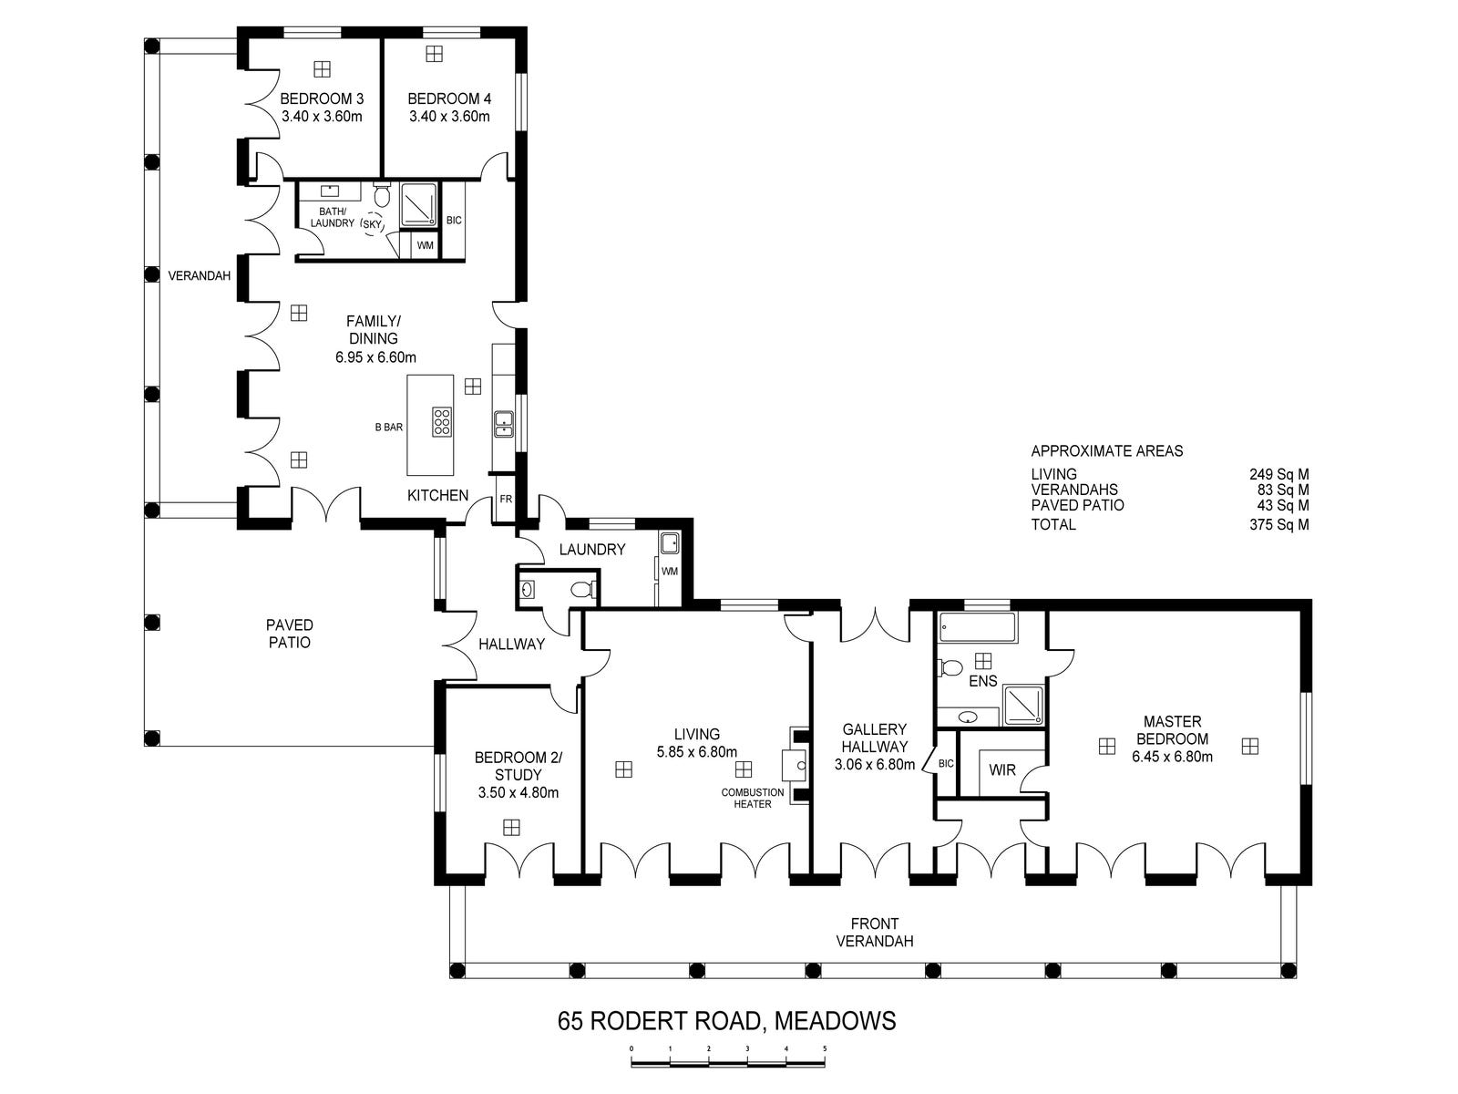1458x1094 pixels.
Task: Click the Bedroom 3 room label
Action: (322, 99)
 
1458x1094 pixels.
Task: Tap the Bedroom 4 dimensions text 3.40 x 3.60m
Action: (449, 117)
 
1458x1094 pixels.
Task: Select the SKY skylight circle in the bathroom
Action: (372, 224)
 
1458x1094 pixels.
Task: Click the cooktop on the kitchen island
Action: (442, 422)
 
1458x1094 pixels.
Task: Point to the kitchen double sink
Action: (504, 425)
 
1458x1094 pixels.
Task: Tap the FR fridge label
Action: (506, 499)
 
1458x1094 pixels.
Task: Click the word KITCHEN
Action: (437, 495)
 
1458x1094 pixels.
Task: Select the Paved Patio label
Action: (289, 634)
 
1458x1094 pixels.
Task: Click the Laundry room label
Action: (591, 550)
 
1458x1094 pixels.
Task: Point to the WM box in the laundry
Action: (670, 572)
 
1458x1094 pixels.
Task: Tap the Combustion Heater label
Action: (753, 798)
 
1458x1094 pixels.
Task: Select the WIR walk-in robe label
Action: (1002, 769)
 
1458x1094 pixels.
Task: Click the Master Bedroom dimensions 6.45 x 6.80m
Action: (1173, 757)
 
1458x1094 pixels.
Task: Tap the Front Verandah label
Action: (875, 932)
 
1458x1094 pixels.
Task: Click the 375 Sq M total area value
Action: (1278, 525)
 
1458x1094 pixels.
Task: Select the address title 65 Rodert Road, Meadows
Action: (726, 1020)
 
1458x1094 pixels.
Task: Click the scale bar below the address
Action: (728, 1063)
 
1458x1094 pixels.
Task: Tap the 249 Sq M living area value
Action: (1278, 474)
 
